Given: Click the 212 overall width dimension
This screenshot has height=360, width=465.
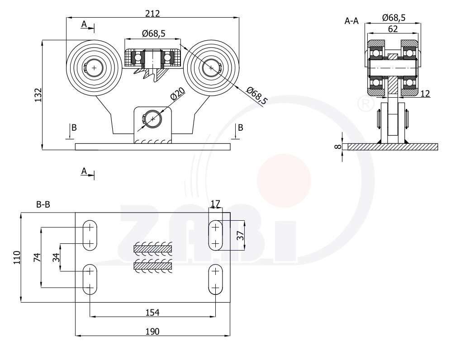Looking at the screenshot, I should (153, 14).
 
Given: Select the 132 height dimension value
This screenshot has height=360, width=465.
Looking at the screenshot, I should (38, 95).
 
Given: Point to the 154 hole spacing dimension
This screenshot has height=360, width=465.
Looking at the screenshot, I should (152, 312).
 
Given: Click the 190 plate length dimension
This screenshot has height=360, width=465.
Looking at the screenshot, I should (152, 331).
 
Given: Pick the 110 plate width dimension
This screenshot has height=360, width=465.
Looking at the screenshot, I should (17, 257).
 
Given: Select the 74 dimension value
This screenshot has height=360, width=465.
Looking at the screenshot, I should (38, 257).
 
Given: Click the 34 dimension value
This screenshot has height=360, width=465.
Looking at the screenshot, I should (56, 257).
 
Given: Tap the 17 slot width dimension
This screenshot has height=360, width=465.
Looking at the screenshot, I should (215, 204).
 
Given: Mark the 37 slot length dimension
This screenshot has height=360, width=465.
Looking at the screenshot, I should (240, 235).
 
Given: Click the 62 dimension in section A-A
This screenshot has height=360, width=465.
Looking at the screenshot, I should (393, 29).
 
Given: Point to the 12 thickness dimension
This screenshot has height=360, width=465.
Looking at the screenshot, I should (425, 94).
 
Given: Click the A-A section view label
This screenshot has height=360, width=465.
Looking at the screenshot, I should (351, 20).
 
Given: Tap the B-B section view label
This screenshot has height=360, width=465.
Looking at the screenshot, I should (43, 205).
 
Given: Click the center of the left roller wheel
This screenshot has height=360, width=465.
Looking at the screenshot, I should (94, 68).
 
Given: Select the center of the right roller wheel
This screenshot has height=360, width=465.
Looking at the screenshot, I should (211, 68).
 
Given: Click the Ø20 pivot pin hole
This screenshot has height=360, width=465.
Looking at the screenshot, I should (153, 119).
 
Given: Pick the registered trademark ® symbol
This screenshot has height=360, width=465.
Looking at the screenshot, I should (365, 104).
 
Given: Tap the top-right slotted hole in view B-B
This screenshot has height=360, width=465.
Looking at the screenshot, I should (215, 235).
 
